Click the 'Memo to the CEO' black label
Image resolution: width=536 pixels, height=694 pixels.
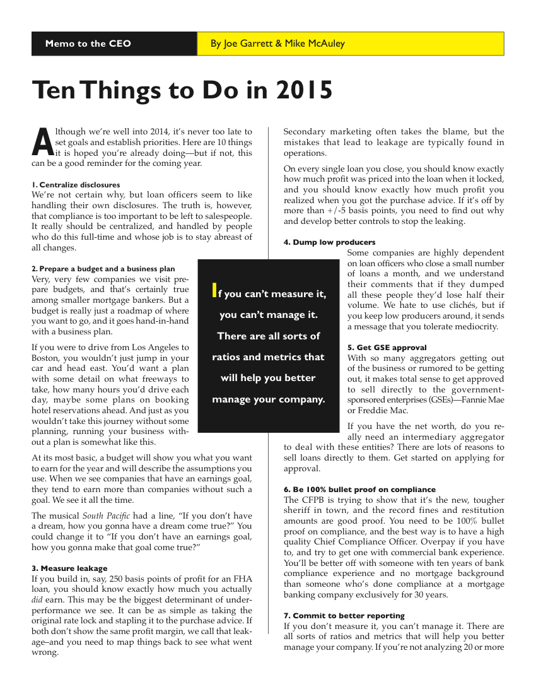click(88, 44)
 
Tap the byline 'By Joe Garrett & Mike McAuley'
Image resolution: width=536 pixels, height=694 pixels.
click(277, 44)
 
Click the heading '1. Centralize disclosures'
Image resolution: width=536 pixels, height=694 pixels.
click(76, 185)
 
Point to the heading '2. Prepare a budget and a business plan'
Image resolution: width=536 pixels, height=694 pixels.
click(103, 269)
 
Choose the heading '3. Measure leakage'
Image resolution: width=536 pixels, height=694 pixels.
click(69, 568)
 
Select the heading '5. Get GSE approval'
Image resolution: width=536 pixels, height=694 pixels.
click(387, 348)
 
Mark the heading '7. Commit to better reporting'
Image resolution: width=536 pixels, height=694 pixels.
click(344, 616)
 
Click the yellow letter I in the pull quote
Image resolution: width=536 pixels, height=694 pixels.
click(214, 291)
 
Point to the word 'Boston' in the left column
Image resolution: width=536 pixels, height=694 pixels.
click(45, 358)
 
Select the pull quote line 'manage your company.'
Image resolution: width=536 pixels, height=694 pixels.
click(269, 399)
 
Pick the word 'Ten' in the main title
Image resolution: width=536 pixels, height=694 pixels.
click(53, 91)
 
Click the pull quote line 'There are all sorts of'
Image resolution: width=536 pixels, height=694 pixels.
click(269, 336)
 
